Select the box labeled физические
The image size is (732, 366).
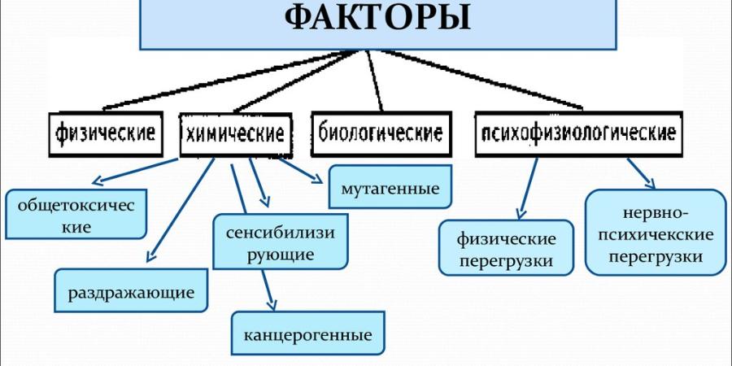pyautogui.click(x=106, y=132)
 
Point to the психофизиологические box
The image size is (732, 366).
pyautogui.click(x=578, y=133)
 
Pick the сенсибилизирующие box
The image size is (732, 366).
pyautogui.click(x=281, y=242)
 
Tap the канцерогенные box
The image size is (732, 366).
pyautogui.click(x=307, y=334)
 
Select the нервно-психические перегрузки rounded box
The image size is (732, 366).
pyautogui.click(x=655, y=233)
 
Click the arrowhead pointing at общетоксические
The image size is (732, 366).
pyautogui.click(x=95, y=182)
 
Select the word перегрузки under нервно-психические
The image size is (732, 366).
pyautogui.click(x=655, y=256)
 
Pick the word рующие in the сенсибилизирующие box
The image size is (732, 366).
pyautogui.click(x=281, y=254)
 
